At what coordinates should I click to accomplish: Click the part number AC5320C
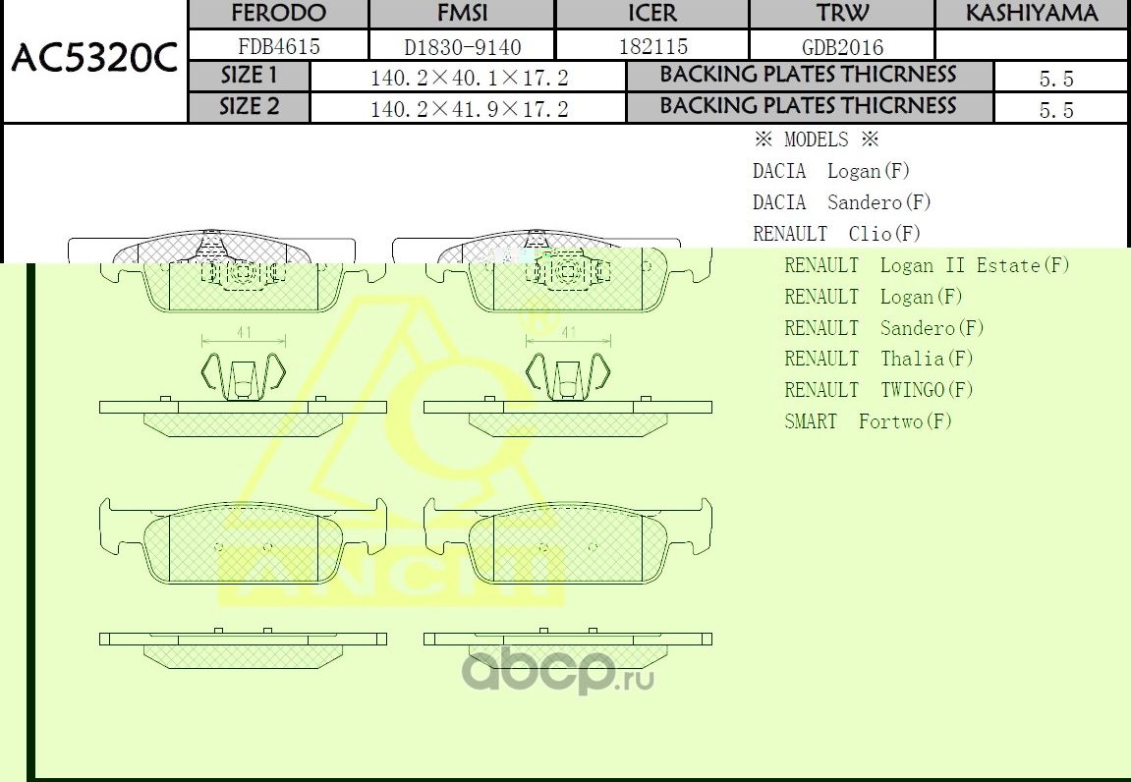(x=94, y=61)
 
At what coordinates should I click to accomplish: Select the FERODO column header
(x=278, y=14)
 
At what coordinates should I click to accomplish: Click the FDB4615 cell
(x=279, y=46)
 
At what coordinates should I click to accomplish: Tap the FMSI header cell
(x=461, y=14)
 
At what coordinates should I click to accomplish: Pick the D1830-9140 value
(x=462, y=47)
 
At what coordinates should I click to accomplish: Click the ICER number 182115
(x=652, y=46)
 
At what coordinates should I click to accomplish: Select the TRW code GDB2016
(x=842, y=47)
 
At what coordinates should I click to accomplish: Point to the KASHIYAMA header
(x=1031, y=14)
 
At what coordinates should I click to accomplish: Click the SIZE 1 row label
(x=249, y=76)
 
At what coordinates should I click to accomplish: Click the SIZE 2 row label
(x=249, y=107)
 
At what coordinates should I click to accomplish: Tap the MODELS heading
(x=816, y=140)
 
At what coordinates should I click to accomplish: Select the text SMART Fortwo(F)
(x=868, y=421)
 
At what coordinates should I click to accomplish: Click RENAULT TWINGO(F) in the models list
(x=878, y=390)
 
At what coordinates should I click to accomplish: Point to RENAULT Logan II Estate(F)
(x=926, y=265)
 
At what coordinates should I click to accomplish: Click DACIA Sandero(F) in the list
(x=841, y=202)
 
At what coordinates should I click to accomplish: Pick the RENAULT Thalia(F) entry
(x=878, y=359)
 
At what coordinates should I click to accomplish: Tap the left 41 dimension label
(x=244, y=333)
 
